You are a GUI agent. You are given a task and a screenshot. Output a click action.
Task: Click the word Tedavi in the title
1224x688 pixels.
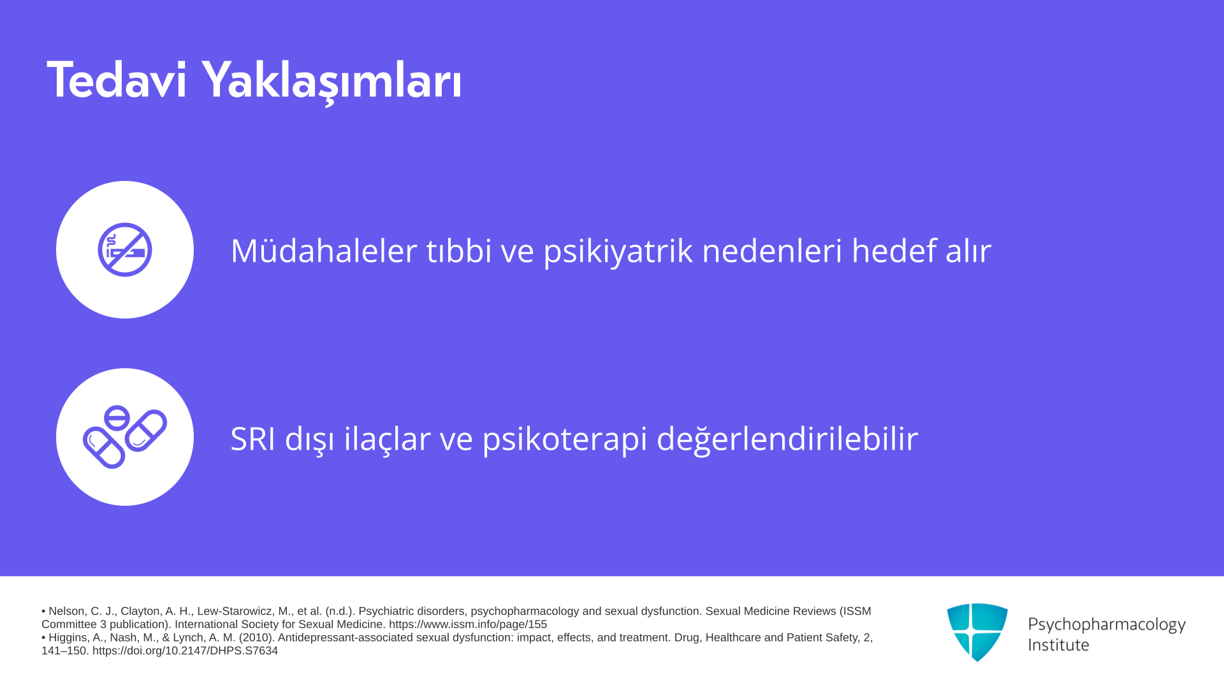117,80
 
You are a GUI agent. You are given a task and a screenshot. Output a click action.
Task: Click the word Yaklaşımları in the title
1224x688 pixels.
331,82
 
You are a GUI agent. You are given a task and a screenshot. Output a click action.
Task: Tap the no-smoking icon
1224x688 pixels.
125,250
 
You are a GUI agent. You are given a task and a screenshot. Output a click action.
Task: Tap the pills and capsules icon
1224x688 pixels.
125,437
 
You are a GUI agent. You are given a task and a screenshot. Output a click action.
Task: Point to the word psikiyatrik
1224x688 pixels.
618,251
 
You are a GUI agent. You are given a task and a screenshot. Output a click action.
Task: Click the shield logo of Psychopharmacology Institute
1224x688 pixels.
977,632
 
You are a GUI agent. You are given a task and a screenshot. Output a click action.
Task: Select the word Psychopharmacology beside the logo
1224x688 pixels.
1107,624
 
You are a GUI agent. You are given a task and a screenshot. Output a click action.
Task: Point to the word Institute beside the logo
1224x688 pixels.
1059,645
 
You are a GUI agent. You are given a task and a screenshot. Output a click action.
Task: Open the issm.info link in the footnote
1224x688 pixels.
468,624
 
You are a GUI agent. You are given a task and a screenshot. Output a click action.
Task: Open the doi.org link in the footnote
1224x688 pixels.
185,650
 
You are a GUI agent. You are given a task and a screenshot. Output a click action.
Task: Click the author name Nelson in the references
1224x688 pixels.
66,611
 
